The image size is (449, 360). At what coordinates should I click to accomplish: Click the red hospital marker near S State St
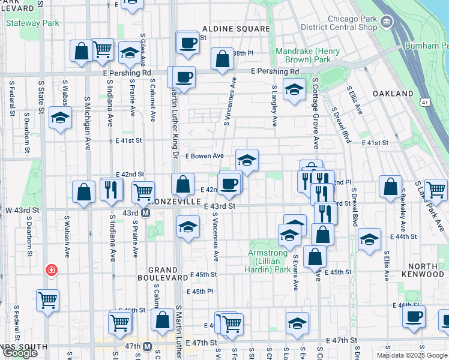[x=53, y=270]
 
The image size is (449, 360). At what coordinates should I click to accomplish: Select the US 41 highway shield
[x=424, y=104]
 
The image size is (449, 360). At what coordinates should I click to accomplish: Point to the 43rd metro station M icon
[x=145, y=212]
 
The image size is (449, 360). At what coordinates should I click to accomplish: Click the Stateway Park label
[x=32, y=23]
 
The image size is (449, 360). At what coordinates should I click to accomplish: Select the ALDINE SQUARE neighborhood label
[x=236, y=28]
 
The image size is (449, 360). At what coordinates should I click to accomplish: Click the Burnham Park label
[x=426, y=46]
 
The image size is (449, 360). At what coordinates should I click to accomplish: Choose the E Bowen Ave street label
[x=204, y=156]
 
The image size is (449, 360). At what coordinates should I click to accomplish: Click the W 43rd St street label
[x=22, y=211]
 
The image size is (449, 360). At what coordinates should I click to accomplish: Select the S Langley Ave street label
[x=274, y=105]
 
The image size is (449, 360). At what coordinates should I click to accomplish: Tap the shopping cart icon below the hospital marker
[x=47, y=299]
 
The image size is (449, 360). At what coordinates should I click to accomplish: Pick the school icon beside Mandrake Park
[x=294, y=90]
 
